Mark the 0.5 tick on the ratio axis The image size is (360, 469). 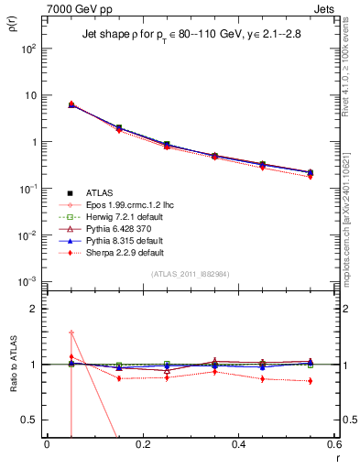[32, 420]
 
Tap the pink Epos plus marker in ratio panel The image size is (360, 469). [71, 333]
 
